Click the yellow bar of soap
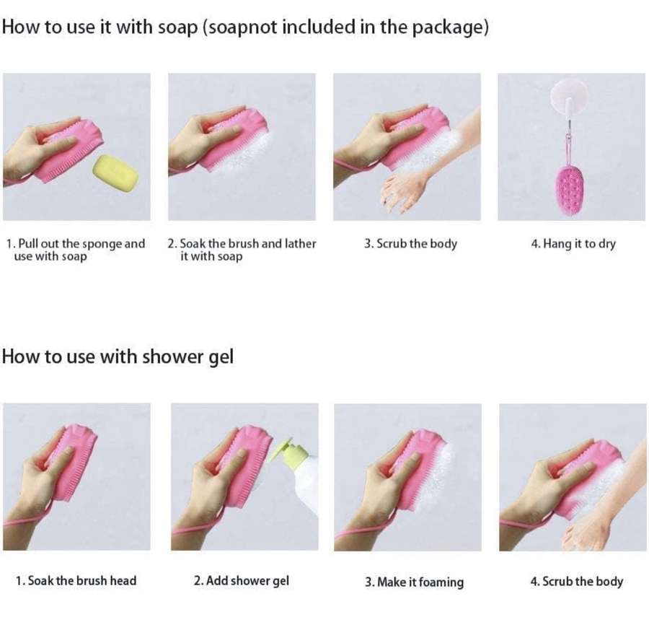[115, 173]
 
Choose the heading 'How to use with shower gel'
[118, 356]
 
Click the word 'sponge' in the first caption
[101, 244]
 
